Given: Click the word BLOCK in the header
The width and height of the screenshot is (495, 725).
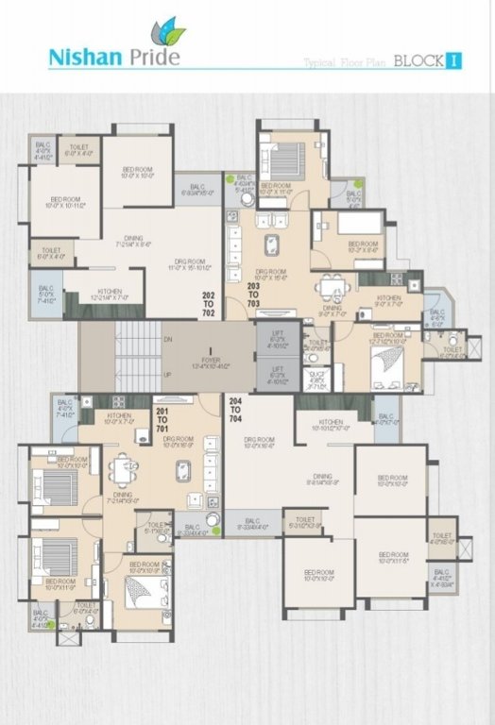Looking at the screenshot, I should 416,62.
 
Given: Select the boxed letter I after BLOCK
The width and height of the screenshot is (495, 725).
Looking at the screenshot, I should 454,62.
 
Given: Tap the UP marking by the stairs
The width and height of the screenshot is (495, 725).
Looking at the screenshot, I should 167,375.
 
